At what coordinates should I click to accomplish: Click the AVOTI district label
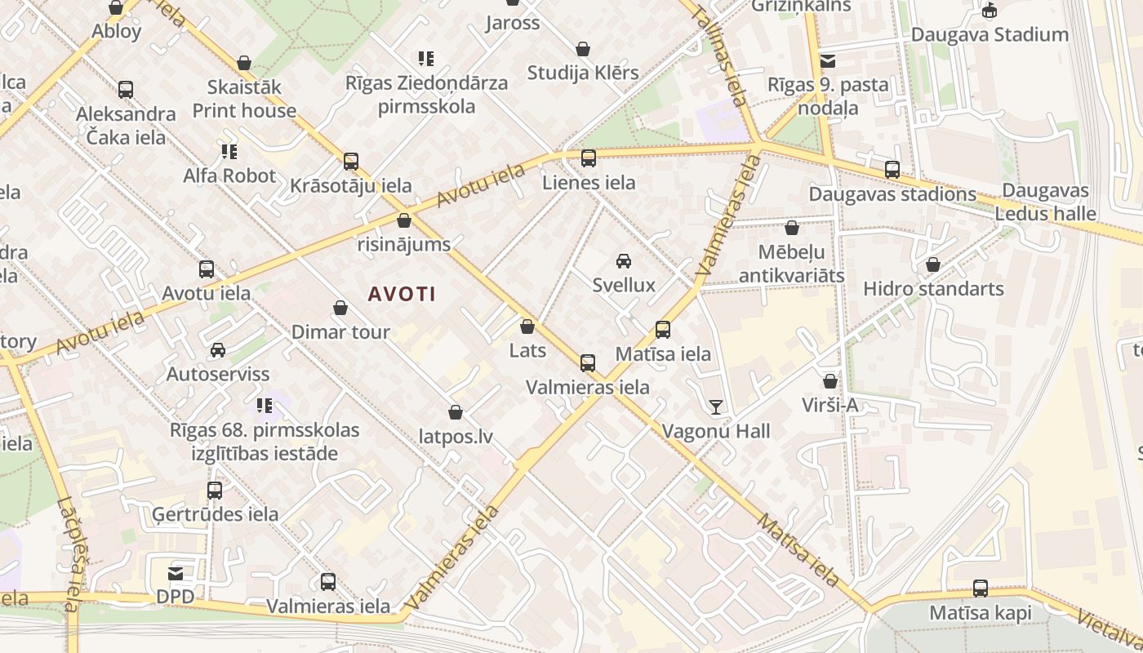pos(402,294)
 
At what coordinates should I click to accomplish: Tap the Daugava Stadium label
pos(990,34)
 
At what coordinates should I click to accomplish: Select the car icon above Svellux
pos(624,261)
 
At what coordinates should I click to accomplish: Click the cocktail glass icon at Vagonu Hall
pos(716,406)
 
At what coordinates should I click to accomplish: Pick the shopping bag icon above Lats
pos(527,327)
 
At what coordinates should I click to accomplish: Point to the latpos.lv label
pos(456,436)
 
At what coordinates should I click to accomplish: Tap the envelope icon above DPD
pos(176,573)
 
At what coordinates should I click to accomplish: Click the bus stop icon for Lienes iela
pos(588,158)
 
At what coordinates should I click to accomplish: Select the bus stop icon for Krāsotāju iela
pos(351,161)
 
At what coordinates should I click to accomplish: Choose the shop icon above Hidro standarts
pos(933,264)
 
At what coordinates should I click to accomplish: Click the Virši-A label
pos(830,405)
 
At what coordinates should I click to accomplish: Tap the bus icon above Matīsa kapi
pos(981,589)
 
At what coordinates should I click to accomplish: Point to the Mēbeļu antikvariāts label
pos(791,263)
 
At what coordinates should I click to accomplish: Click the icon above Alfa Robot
pos(229,151)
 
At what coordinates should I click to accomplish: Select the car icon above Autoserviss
pos(218,350)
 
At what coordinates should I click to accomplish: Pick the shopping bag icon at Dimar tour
pos(340,308)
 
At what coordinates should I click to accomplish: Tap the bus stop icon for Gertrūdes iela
pos(215,491)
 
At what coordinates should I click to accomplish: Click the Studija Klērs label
pos(583,73)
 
